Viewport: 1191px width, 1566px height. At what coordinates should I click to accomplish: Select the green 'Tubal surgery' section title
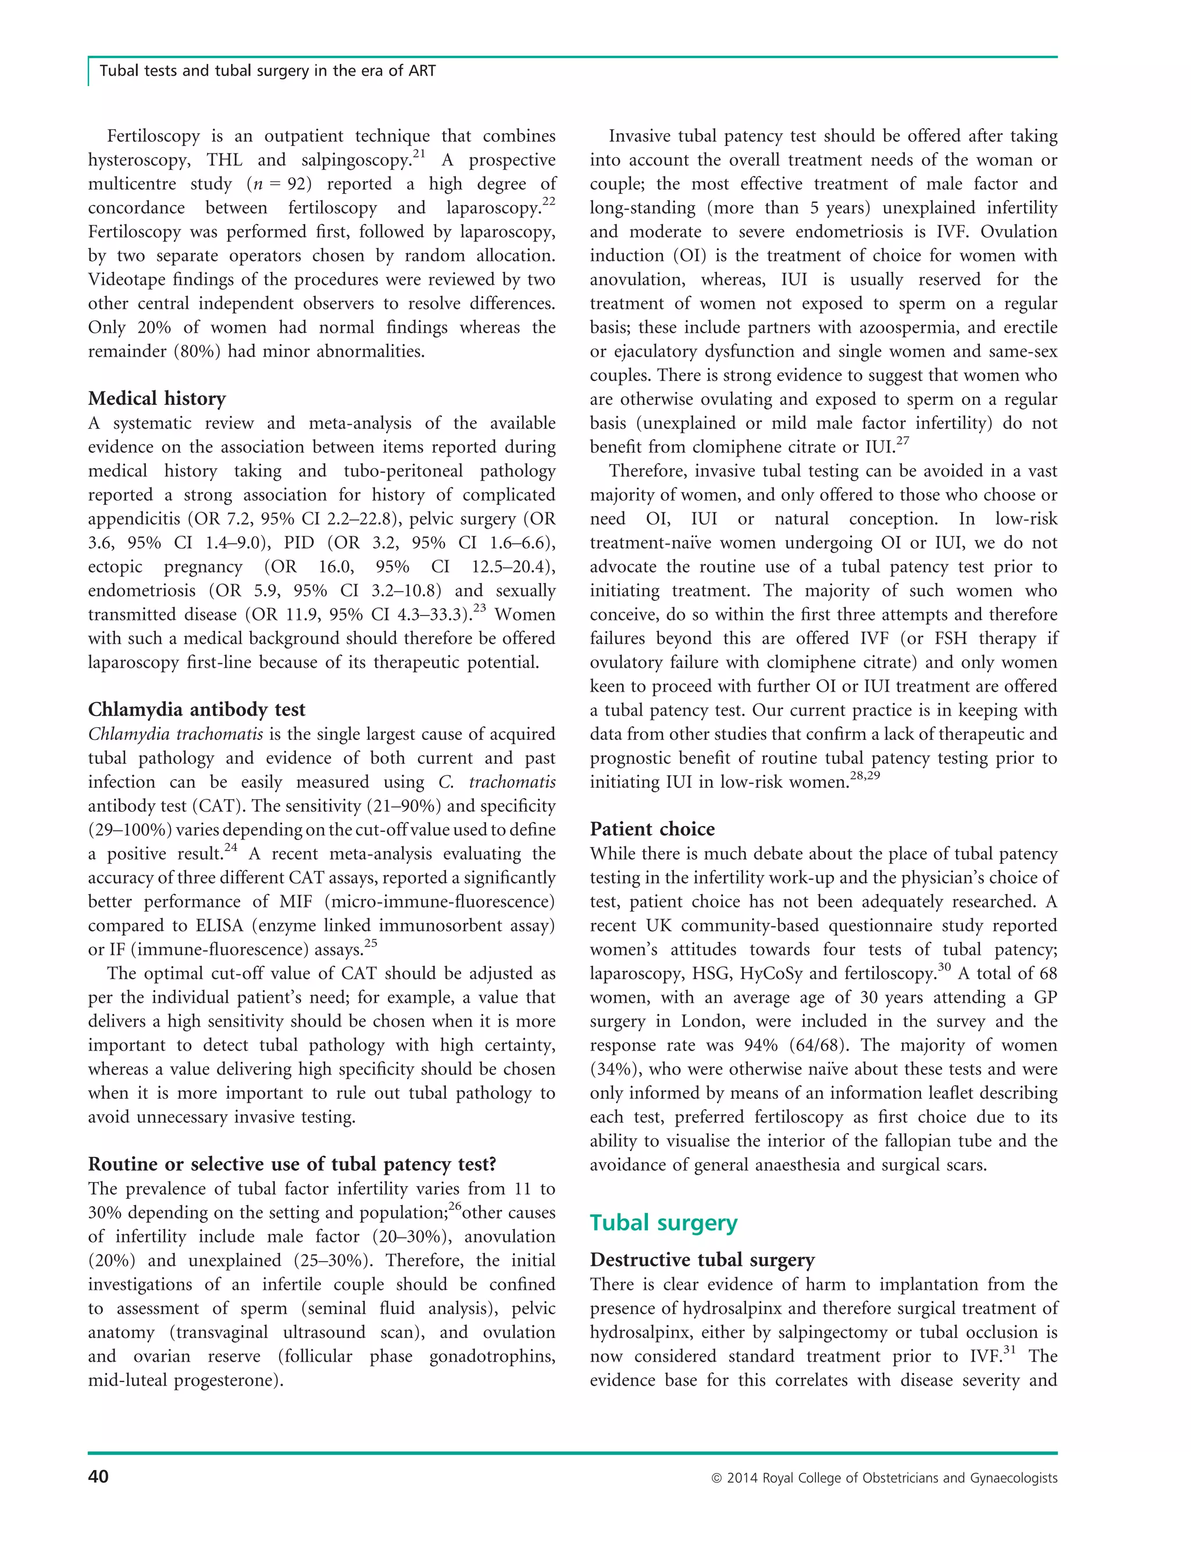click(664, 1223)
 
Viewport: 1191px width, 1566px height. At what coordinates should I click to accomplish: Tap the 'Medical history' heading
click(156, 398)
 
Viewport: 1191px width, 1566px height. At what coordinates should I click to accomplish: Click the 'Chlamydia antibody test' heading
click(197, 710)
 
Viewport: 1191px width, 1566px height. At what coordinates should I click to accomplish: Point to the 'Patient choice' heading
click(652, 829)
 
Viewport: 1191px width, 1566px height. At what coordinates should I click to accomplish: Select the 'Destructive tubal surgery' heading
click(702, 1261)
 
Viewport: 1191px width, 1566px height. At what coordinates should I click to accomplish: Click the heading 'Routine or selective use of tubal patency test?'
click(292, 1165)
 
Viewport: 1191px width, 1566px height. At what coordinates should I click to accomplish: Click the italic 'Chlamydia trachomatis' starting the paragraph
click(175, 735)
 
